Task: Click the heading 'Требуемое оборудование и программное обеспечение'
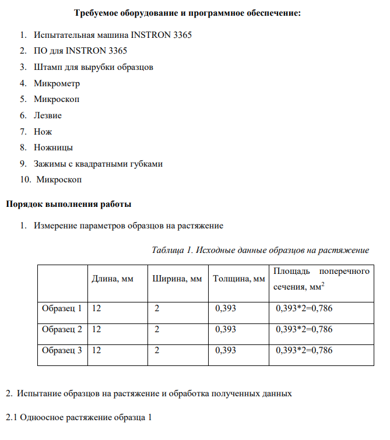tap(188, 13)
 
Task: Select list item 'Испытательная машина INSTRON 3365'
tap(113, 35)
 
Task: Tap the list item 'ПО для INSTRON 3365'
tap(80, 51)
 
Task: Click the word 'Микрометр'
tap(57, 83)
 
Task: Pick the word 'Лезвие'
tap(47, 115)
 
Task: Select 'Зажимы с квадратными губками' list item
tap(98, 164)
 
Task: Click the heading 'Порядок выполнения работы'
tap(68, 204)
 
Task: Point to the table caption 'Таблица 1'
tap(172, 250)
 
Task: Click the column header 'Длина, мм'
tap(113, 279)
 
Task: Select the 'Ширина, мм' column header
tap(177, 279)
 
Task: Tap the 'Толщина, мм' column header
tap(239, 279)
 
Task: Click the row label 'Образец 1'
tap(62, 308)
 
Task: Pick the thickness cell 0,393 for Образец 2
tap(226, 329)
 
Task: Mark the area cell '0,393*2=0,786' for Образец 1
tap(304, 308)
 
